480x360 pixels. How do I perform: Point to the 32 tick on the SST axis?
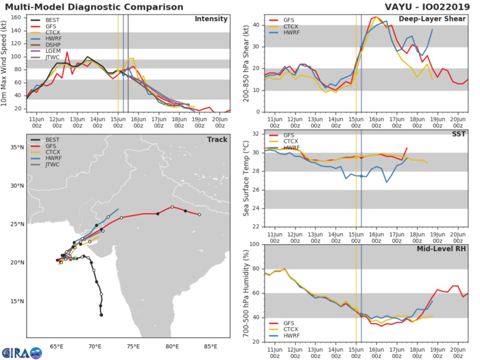click(x=256, y=133)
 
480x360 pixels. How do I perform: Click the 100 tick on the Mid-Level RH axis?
click(x=254, y=244)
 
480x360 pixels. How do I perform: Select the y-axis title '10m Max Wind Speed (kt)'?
click(x=6, y=62)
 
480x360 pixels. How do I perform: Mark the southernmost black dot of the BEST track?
click(x=101, y=315)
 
